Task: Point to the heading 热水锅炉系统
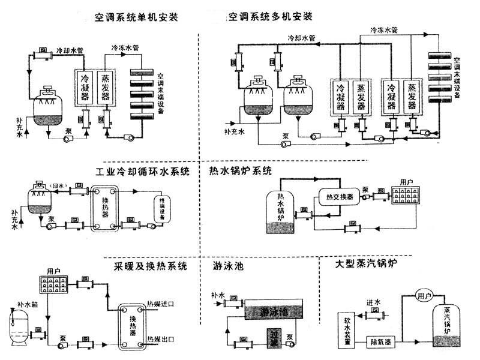pos(241,172)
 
